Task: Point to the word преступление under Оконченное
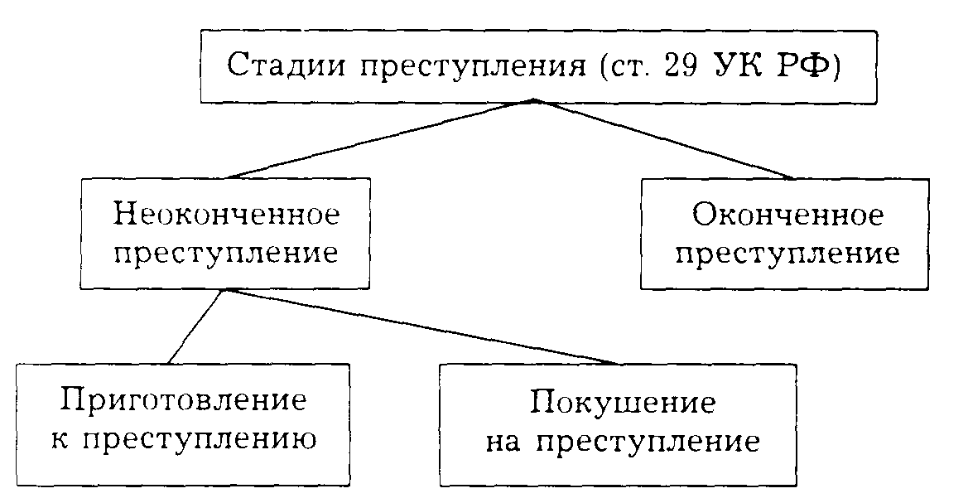(x=787, y=254)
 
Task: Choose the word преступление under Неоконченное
(x=227, y=254)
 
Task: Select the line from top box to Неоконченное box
(x=381, y=139)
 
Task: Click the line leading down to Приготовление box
(x=195, y=327)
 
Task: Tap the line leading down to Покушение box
(x=422, y=327)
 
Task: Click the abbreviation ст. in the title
(x=626, y=66)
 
